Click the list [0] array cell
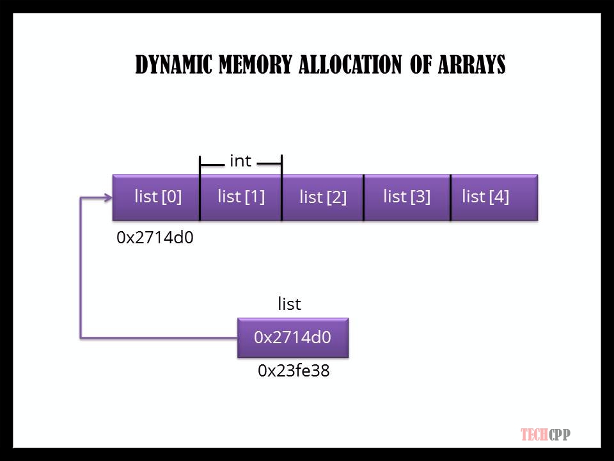[x=157, y=197]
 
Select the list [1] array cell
[x=240, y=197]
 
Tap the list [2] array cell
[x=322, y=197]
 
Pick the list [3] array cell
[x=407, y=197]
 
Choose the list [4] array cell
[x=492, y=197]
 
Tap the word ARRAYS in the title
[x=470, y=65]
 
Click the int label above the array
[x=240, y=161]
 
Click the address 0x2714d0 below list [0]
[x=155, y=238]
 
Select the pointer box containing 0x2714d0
[x=293, y=337]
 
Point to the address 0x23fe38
[x=294, y=370]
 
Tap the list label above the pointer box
[x=289, y=304]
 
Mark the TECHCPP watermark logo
[x=545, y=435]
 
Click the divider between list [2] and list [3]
[x=364, y=197]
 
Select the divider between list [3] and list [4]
[x=450, y=197]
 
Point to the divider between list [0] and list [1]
[x=200, y=197]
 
